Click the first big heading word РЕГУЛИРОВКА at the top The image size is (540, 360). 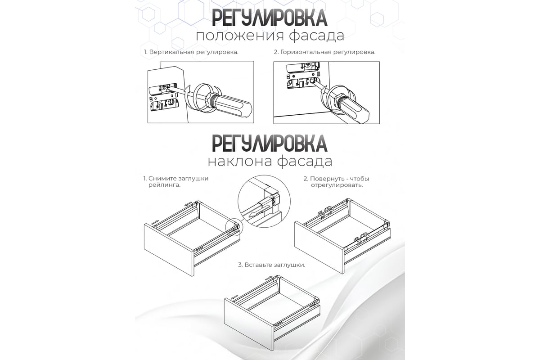(270, 18)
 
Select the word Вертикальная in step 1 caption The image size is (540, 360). (172, 52)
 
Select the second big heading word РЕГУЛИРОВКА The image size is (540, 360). (270, 144)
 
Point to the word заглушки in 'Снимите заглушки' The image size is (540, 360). (193, 179)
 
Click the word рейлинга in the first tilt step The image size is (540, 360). (164, 185)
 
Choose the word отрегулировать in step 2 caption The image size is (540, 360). (337, 185)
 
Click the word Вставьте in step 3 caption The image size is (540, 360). (259, 265)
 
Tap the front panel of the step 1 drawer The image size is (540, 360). (169, 250)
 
